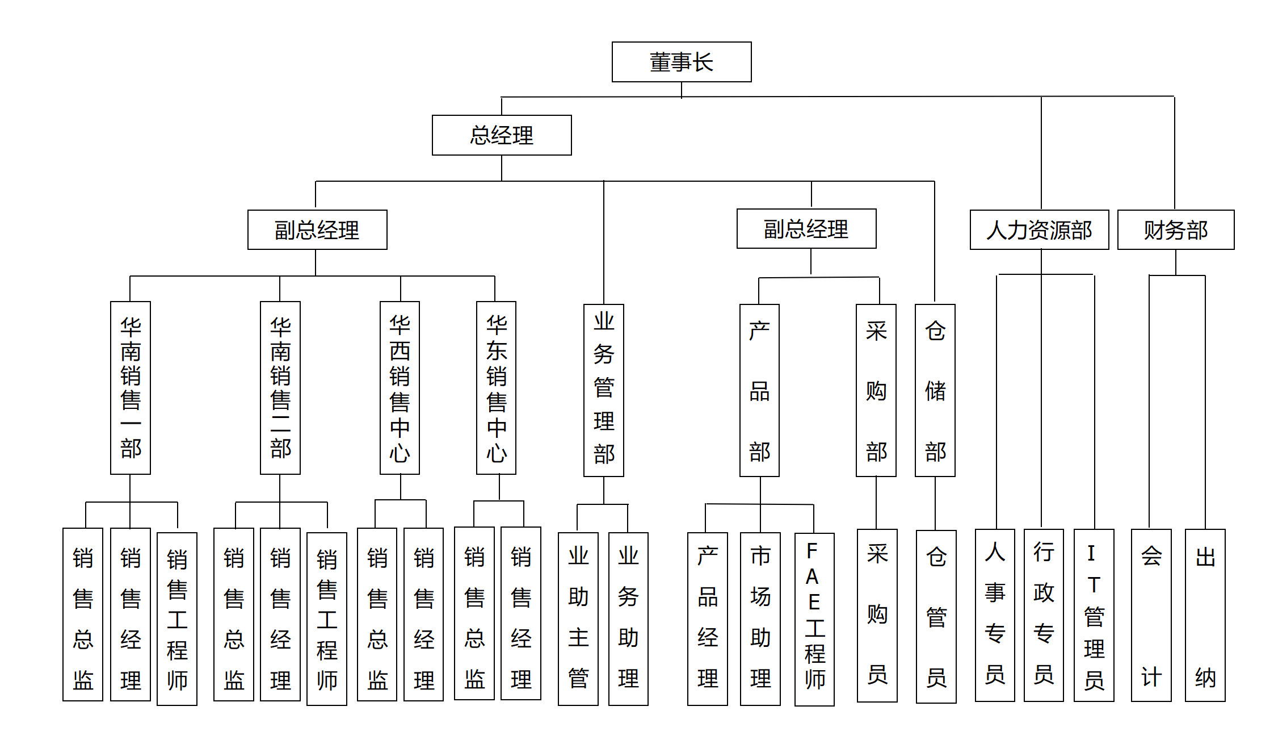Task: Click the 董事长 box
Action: click(681, 62)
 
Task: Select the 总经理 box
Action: click(502, 135)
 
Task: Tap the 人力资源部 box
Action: click(1039, 230)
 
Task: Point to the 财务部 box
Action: click(1175, 230)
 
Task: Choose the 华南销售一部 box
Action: click(131, 387)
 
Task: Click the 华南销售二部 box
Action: click(280, 387)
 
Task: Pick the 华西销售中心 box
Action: click(400, 387)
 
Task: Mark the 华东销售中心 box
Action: click(496, 387)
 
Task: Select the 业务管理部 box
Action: click(603, 390)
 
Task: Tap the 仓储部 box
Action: click(935, 390)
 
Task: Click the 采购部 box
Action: click(876, 390)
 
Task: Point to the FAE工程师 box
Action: click(814, 619)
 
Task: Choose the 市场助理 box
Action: click(760, 619)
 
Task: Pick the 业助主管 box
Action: click(578, 619)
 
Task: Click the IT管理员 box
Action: click(1094, 615)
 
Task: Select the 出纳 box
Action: click(1205, 615)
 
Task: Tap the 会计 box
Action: click(1151, 615)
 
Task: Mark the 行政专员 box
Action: click(1043, 615)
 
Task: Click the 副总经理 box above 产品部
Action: click(806, 229)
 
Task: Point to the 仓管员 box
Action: click(936, 616)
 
